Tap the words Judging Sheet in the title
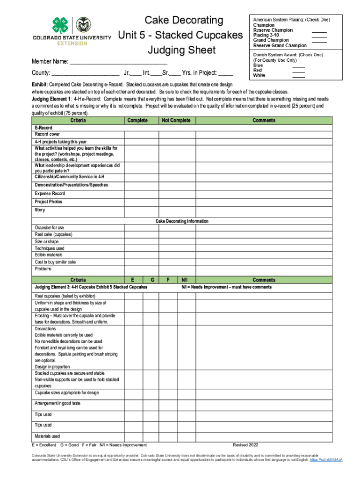181,50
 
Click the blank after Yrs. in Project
225,73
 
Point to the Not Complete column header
176,121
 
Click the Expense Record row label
50,194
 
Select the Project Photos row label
48,202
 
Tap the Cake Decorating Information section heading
182,221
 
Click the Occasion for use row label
49,228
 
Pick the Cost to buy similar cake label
55,262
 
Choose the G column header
152,280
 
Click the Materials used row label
47,436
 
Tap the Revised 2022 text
245,445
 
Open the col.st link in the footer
326,460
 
